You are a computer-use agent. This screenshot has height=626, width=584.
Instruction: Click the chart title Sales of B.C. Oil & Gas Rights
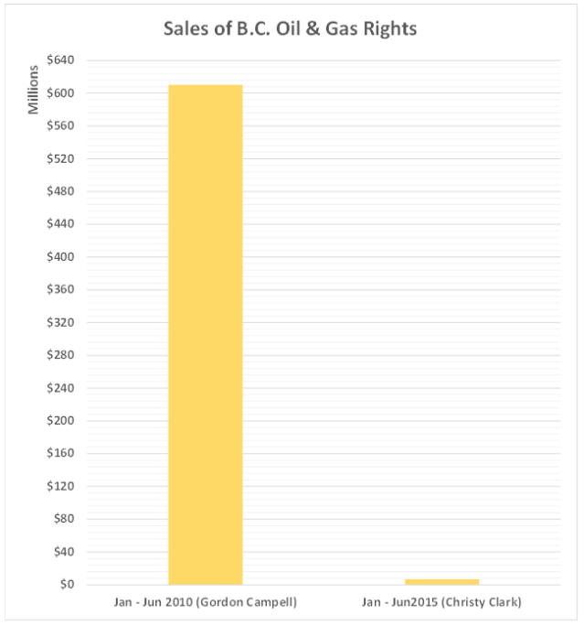tap(290, 28)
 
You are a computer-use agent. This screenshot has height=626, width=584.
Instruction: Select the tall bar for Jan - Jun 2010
tap(206, 334)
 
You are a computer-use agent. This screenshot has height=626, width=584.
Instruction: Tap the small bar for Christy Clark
tap(442, 581)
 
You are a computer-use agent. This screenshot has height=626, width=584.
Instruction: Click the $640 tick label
tap(72, 60)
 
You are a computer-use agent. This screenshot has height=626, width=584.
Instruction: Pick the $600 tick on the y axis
tap(72, 93)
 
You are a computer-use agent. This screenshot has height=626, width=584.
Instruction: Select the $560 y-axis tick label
tap(72, 126)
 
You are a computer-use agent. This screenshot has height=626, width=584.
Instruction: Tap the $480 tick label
tap(72, 191)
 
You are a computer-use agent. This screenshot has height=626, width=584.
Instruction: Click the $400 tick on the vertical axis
tap(72, 257)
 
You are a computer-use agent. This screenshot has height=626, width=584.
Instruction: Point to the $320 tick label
tap(72, 323)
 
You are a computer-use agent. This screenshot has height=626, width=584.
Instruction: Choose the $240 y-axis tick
tap(72, 388)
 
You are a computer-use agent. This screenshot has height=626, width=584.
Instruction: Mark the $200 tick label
tap(72, 421)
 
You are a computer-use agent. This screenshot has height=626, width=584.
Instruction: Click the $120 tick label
tap(72, 486)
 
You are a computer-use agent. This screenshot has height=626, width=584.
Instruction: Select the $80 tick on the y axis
tap(75, 519)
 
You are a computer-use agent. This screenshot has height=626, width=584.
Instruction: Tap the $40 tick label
tap(75, 552)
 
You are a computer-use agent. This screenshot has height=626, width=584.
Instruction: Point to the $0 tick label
tap(78, 585)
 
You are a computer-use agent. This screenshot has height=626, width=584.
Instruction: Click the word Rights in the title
tap(388, 28)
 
